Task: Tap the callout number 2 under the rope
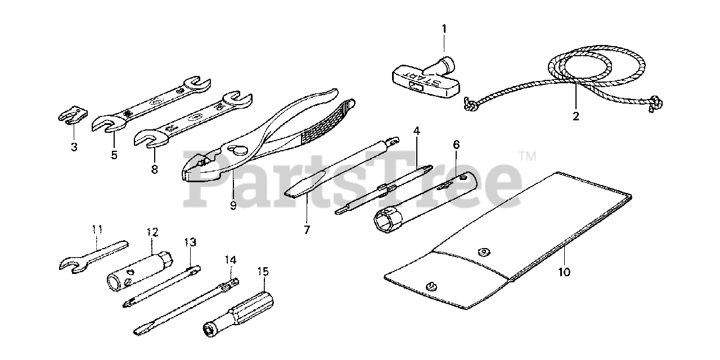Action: (x=575, y=116)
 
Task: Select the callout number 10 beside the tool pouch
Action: (x=564, y=272)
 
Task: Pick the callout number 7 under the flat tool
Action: (x=307, y=229)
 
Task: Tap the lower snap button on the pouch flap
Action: (x=433, y=285)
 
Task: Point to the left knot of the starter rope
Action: (x=471, y=105)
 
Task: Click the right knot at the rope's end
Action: (x=655, y=103)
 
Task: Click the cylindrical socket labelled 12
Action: (x=140, y=271)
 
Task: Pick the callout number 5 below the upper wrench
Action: (x=114, y=155)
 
